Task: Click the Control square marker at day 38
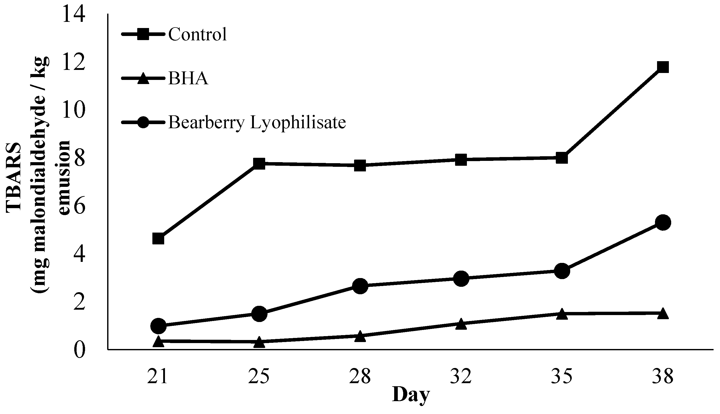click(x=663, y=67)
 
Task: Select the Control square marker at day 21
click(x=158, y=238)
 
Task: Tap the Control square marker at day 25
click(x=259, y=163)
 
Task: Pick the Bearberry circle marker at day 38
click(x=663, y=223)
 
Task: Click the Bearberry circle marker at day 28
click(x=360, y=286)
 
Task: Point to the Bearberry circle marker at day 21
click(x=158, y=326)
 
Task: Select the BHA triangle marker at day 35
click(x=562, y=314)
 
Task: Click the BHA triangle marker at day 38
click(x=663, y=313)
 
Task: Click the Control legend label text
click(x=198, y=34)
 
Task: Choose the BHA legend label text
click(x=188, y=78)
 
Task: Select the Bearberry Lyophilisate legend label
click(x=257, y=123)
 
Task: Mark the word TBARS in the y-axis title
click(x=14, y=177)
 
